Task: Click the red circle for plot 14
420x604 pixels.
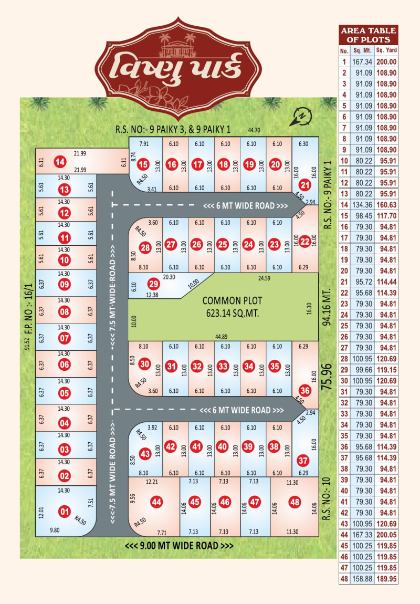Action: point(60,162)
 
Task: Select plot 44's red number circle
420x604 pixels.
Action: point(156,502)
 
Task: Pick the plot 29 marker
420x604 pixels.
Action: point(153,284)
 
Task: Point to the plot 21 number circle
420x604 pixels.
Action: point(305,184)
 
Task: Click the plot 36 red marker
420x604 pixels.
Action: point(305,390)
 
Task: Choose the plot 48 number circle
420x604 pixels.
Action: point(295,502)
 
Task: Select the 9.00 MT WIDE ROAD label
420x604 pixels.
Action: point(179,546)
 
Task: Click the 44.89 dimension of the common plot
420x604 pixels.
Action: point(224,337)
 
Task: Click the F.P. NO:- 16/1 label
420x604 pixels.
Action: point(28,317)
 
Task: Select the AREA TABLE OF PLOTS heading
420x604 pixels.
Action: point(369,35)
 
